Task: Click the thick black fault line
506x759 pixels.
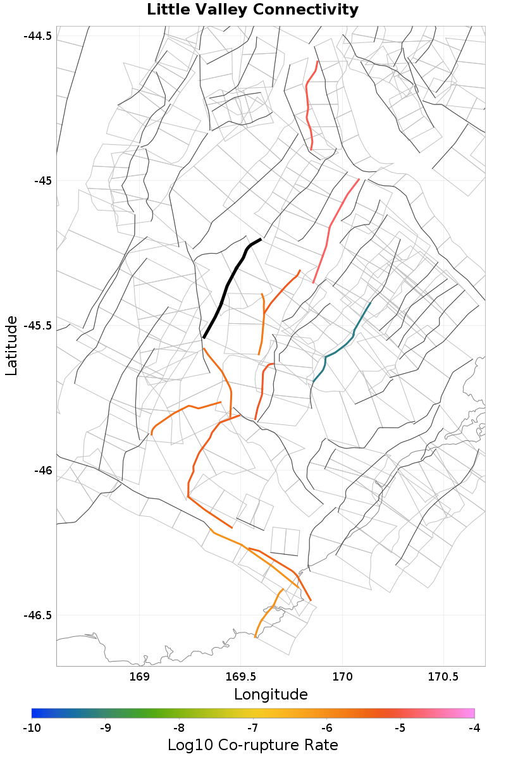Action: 228,285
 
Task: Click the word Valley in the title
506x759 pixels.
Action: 224,10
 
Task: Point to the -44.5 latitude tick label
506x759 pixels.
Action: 37,36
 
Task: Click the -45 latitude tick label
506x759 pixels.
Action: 42,181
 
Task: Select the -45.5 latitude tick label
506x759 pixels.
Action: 37,326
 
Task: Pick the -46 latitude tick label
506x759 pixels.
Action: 42,471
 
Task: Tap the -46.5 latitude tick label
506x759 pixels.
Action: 37,615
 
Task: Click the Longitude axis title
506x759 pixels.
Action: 271,694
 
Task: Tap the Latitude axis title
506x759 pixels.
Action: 11,346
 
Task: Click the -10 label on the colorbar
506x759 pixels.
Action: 32,728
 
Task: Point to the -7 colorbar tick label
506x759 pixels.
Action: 253,728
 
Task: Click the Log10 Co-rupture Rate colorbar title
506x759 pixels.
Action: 253,745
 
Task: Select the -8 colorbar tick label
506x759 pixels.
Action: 179,728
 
